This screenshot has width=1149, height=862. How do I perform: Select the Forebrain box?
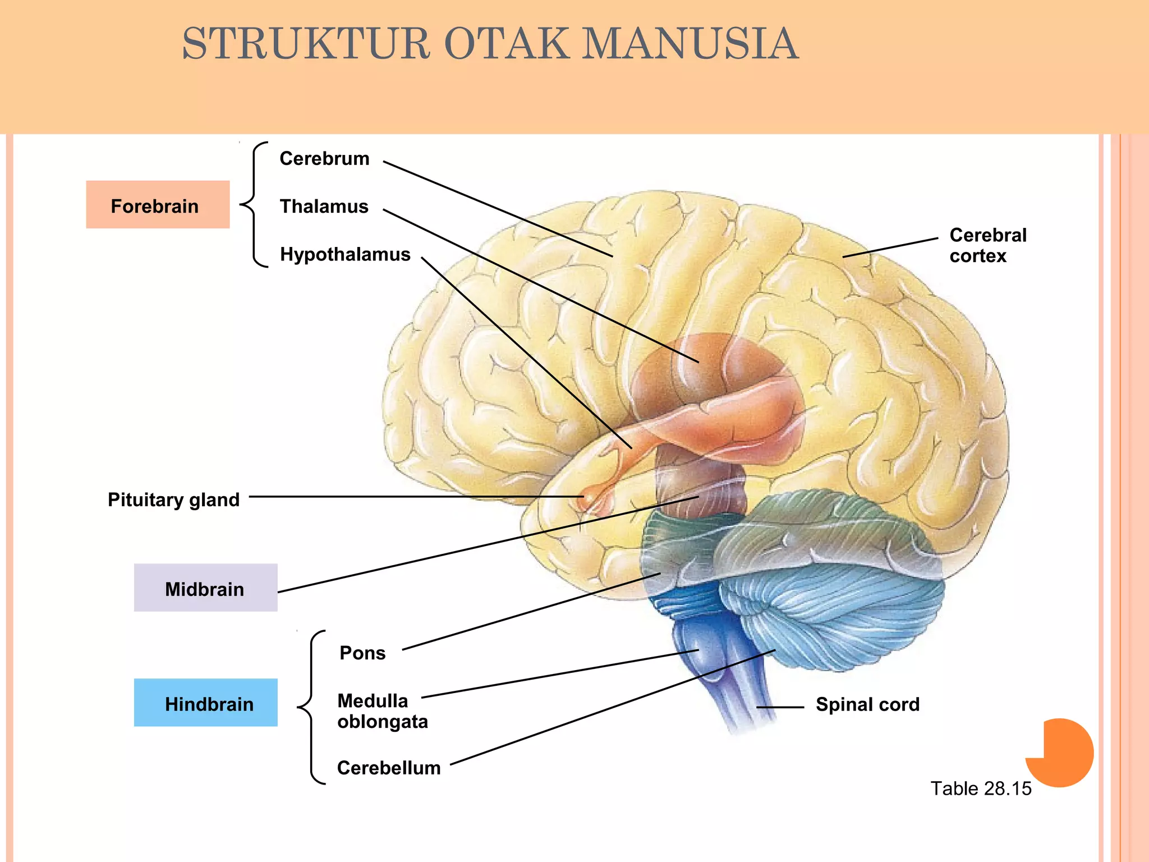pos(158,205)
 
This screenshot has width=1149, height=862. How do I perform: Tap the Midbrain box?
pos(205,588)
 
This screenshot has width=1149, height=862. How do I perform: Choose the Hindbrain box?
pos(205,703)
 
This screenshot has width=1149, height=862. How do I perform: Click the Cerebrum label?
pos(324,159)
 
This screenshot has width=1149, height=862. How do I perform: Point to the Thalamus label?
pos(324,207)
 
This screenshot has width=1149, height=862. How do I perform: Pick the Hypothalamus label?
pos(345,254)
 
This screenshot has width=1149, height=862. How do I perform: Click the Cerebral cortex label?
pos(987,245)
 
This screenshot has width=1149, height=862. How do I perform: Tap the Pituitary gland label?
pos(173,499)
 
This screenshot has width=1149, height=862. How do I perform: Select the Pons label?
pos(362,653)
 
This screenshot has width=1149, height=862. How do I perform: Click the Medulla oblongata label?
pos(382,711)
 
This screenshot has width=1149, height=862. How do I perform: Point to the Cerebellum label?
pos(389,768)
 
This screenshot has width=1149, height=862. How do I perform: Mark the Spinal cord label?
pos(867,704)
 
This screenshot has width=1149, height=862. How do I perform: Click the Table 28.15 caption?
pos(981,788)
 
